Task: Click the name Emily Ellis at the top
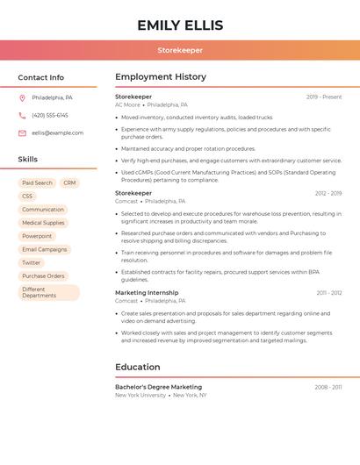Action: point(180,25)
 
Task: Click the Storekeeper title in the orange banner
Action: point(179,50)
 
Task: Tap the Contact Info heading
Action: point(40,77)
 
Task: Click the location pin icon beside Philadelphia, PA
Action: point(22,97)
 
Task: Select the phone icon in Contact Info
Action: point(22,115)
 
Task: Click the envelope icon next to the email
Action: point(22,132)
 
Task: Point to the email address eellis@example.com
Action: point(57,132)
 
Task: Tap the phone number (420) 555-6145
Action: point(50,115)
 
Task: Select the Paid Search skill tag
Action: point(38,183)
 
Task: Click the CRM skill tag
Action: point(69,183)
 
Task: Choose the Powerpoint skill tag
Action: point(37,236)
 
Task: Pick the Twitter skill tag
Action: point(31,262)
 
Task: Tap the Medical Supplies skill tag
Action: point(43,223)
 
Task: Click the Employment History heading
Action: point(160,77)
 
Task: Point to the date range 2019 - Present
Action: point(324,97)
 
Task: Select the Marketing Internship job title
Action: point(147,292)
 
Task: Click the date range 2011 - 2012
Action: point(329,293)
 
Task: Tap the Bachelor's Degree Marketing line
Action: point(158,387)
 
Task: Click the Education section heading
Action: point(138,367)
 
